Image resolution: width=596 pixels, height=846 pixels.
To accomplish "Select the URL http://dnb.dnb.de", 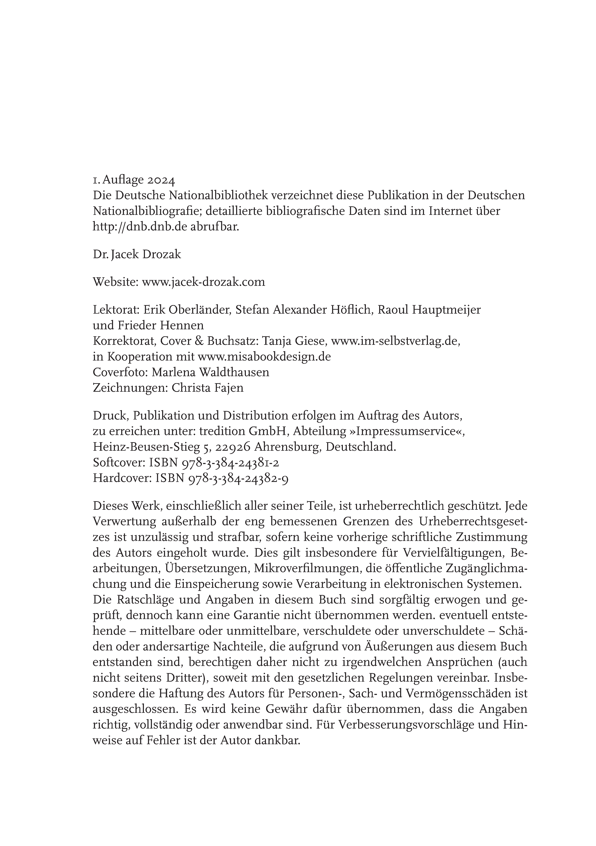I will (140, 227).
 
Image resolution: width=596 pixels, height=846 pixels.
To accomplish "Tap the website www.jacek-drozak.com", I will (203, 282).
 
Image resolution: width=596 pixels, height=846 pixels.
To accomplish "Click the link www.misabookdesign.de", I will (264, 357).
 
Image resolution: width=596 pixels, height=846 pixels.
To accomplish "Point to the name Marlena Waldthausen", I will (210, 372).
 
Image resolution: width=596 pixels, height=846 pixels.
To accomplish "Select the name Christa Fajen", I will (207, 388).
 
